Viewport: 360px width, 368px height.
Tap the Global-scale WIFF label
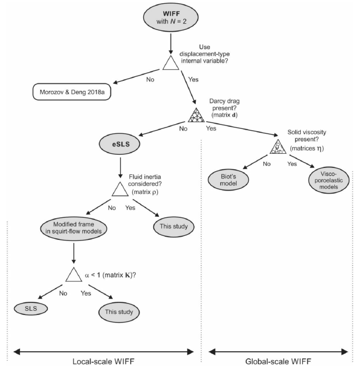[x=279, y=361]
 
